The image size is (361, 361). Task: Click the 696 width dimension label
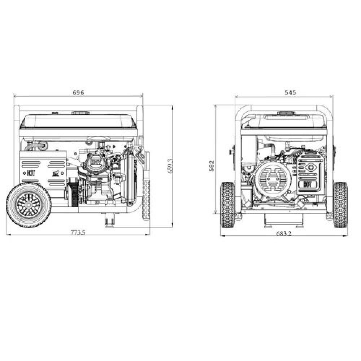78,92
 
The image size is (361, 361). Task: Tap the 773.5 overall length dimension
78,232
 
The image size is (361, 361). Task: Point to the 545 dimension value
290,92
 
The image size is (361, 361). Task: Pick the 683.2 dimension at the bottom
284,234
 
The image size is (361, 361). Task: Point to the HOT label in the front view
308,184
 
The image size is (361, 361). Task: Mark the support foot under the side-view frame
109,219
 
